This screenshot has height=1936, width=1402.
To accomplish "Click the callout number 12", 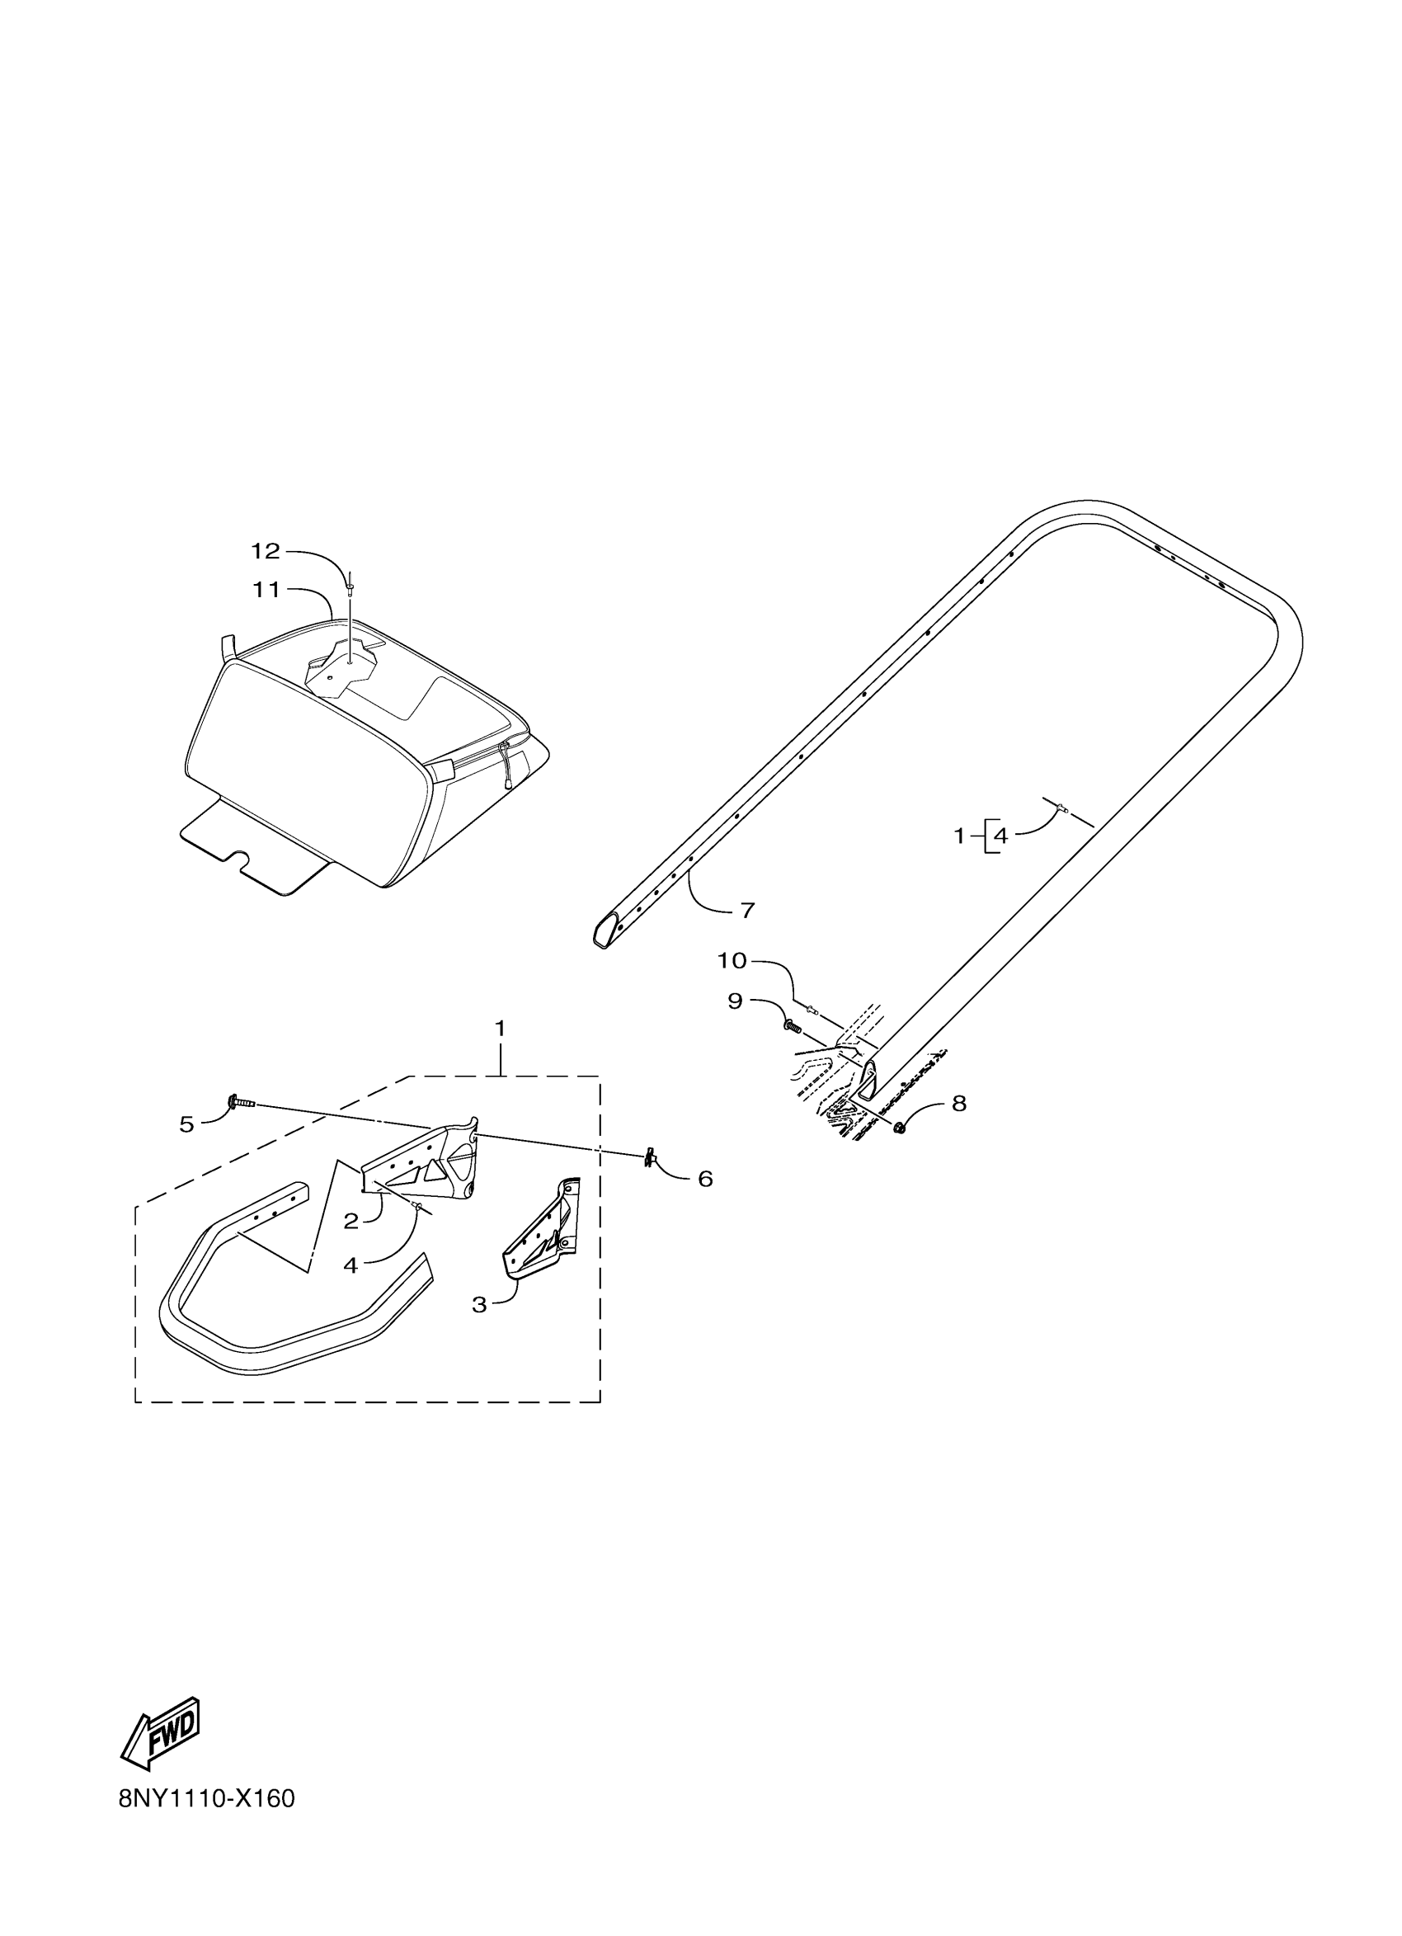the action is pyautogui.click(x=266, y=552).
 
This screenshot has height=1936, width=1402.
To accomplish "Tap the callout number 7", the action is pyautogui.click(x=747, y=911).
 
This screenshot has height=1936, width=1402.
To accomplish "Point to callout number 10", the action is pyautogui.click(x=732, y=960).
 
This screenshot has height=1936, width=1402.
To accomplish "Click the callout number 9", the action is pyautogui.click(x=736, y=1001).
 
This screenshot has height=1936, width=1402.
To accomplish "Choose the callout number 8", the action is pyautogui.click(x=959, y=1104).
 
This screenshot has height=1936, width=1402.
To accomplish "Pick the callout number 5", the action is pyautogui.click(x=187, y=1124).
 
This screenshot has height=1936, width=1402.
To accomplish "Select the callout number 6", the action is pyautogui.click(x=705, y=1179).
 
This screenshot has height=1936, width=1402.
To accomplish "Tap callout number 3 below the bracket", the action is pyautogui.click(x=479, y=1304).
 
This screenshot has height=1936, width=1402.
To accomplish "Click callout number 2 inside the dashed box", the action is pyautogui.click(x=350, y=1222).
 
